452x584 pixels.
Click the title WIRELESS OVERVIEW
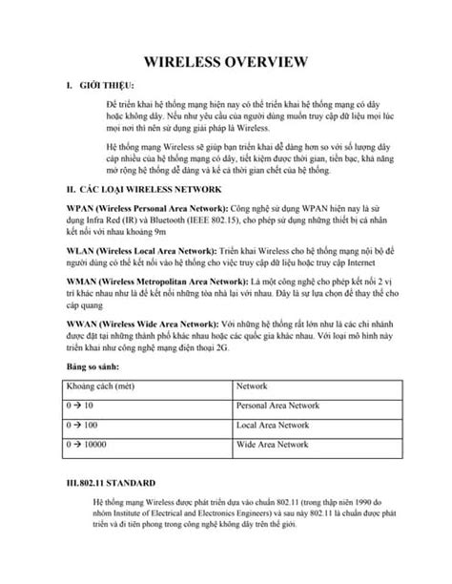[x=225, y=63]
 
